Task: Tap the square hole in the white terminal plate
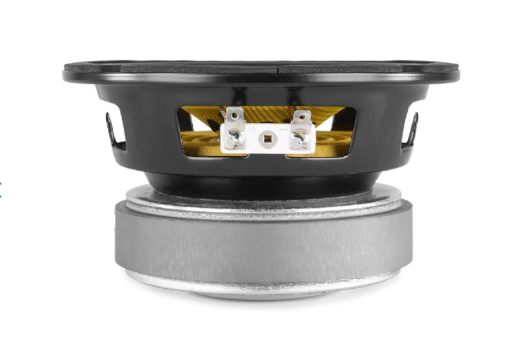coord(266,138)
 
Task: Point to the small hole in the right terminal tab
coord(299,115)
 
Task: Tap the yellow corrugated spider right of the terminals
coord(332,135)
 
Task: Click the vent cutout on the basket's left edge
coord(114,131)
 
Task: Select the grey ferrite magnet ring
coord(263,238)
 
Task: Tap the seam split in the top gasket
coord(279,70)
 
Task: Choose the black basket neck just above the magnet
coord(263,181)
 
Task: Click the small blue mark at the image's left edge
coord(1,185)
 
